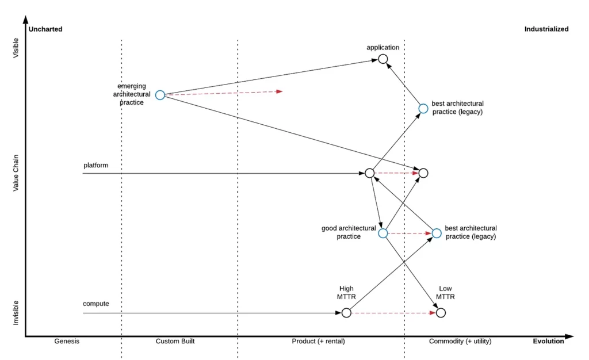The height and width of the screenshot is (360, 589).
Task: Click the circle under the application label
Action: pos(383,59)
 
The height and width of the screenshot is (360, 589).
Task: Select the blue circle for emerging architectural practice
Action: pos(160,95)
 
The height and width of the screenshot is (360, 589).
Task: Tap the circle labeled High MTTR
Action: pos(346,313)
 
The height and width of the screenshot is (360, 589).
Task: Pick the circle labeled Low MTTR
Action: pos(441,313)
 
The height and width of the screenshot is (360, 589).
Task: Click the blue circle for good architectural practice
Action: pos(383,233)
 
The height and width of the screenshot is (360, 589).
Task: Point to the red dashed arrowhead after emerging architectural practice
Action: pos(280,91)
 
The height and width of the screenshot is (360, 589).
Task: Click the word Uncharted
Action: pos(45,29)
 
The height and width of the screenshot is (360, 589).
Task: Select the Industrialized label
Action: pos(546,29)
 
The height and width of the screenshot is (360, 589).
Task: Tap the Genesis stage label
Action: pos(67,341)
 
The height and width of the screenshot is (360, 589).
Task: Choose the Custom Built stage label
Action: pos(175,341)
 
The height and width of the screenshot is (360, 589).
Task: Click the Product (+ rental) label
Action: pos(318,341)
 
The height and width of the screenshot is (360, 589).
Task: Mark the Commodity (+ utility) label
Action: pos(460,341)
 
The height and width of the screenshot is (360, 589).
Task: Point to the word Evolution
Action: pos(548,341)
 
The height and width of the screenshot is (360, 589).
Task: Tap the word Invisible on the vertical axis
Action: pos(16,312)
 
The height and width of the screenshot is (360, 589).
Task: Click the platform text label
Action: pos(95,165)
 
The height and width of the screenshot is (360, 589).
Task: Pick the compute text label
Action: pos(96,304)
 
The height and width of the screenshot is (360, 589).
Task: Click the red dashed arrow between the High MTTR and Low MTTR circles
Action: pos(393,313)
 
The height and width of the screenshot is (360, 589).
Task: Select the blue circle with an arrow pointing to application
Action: pos(423,108)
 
